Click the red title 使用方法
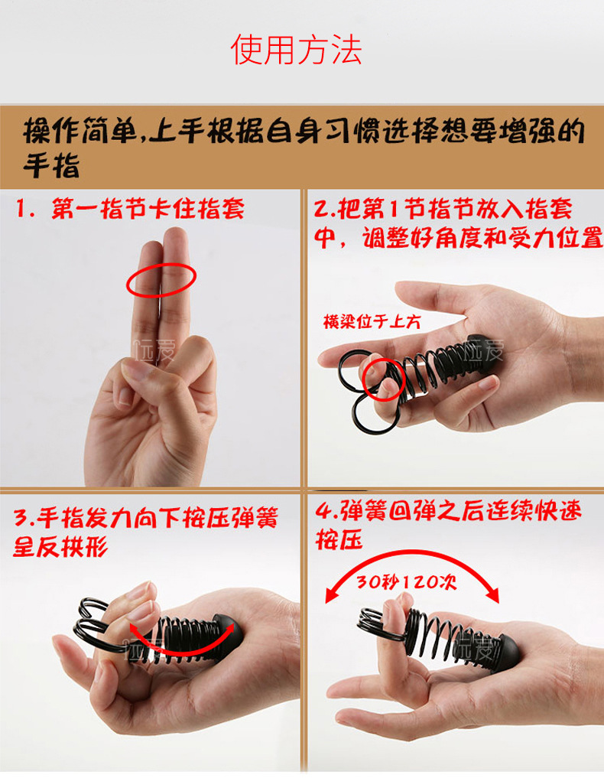(296, 50)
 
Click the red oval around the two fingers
(161, 281)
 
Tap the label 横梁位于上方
(372, 322)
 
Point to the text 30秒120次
(407, 582)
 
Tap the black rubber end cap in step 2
(482, 351)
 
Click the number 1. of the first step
(26, 210)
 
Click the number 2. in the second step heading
(326, 210)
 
